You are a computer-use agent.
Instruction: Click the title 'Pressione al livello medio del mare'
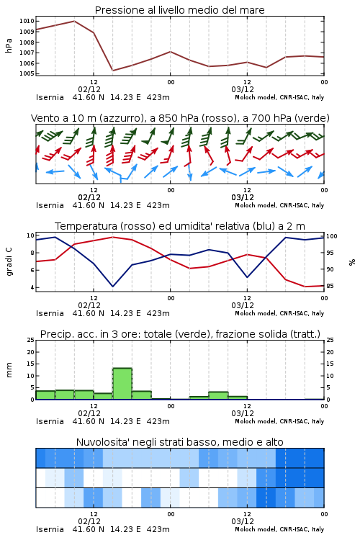click(x=179, y=10)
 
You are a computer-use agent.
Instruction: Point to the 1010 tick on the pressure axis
click(x=27, y=21)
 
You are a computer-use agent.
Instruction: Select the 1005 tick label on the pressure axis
click(x=27, y=73)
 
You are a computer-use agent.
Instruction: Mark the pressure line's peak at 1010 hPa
click(x=74, y=21)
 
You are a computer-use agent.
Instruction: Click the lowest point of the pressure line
click(x=112, y=71)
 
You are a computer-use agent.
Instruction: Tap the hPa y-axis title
click(x=9, y=45)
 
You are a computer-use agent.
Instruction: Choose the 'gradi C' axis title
click(x=9, y=262)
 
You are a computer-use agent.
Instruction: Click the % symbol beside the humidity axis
click(x=352, y=262)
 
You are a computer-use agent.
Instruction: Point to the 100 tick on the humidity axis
click(x=332, y=236)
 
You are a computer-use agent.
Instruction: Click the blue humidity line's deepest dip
click(x=112, y=286)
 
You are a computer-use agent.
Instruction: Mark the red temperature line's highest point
click(x=112, y=237)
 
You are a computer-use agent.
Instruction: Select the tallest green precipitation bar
click(x=122, y=384)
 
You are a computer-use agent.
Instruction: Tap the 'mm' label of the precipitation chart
click(x=9, y=370)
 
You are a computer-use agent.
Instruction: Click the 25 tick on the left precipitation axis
click(x=31, y=340)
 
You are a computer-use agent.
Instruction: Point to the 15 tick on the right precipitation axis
click(x=330, y=364)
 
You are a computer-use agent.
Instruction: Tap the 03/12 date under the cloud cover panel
click(x=243, y=521)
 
